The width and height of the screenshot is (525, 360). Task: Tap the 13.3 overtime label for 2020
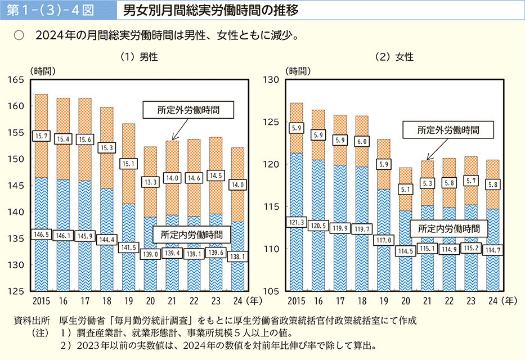coord(151,181)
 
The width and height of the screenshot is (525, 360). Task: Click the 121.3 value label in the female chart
coord(297,223)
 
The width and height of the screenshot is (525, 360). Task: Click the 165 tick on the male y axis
coord(16,80)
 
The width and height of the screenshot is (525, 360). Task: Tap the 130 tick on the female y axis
coord(273,80)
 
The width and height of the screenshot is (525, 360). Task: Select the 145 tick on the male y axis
coord(16,186)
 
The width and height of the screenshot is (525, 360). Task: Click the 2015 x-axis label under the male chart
coord(41,300)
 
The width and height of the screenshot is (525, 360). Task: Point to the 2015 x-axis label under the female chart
coord(297,300)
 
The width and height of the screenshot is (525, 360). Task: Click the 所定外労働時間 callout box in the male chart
coord(189,110)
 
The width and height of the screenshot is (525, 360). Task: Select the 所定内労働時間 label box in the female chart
coord(445,229)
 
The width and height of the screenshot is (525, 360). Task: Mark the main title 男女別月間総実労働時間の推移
coord(210,10)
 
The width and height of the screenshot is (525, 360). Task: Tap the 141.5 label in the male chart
coord(129,246)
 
